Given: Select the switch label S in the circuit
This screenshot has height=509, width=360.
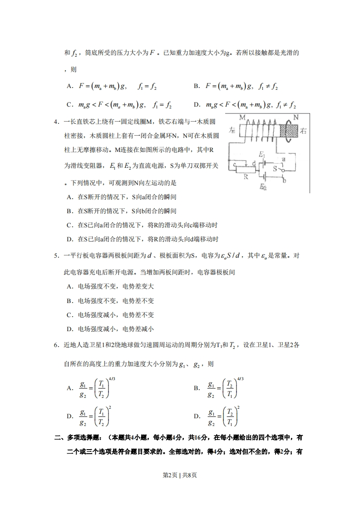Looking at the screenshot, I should (x=275, y=169).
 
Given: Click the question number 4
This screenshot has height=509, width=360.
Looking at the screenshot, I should (x=56, y=122).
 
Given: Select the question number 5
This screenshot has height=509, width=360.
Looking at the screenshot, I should (x=56, y=255).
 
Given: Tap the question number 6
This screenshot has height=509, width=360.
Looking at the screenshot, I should (x=56, y=345).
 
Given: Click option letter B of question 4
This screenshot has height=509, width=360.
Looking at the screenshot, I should (x=69, y=211).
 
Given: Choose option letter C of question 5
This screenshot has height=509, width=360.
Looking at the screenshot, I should (x=69, y=315).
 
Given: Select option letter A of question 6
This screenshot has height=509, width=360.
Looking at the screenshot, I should (x=69, y=388).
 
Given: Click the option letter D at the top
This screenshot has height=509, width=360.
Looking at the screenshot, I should (x=197, y=105).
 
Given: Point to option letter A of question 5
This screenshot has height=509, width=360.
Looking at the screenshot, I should (x=69, y=287).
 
